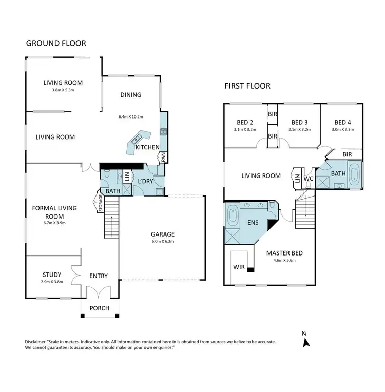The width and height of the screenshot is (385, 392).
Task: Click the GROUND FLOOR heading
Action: (56, 43)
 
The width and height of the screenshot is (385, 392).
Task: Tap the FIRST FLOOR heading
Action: (247, 86)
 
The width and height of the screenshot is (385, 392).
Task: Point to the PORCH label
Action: (100, 308)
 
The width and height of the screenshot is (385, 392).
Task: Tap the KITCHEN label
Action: (147, 148)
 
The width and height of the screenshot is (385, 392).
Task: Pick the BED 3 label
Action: (299, 122)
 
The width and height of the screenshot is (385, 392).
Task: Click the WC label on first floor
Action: (309, 178)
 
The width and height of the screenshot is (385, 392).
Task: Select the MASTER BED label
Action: (284, 253)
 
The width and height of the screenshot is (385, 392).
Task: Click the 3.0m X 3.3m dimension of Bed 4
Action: (341, 130)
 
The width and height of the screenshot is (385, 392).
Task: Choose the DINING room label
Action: (130, 94)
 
